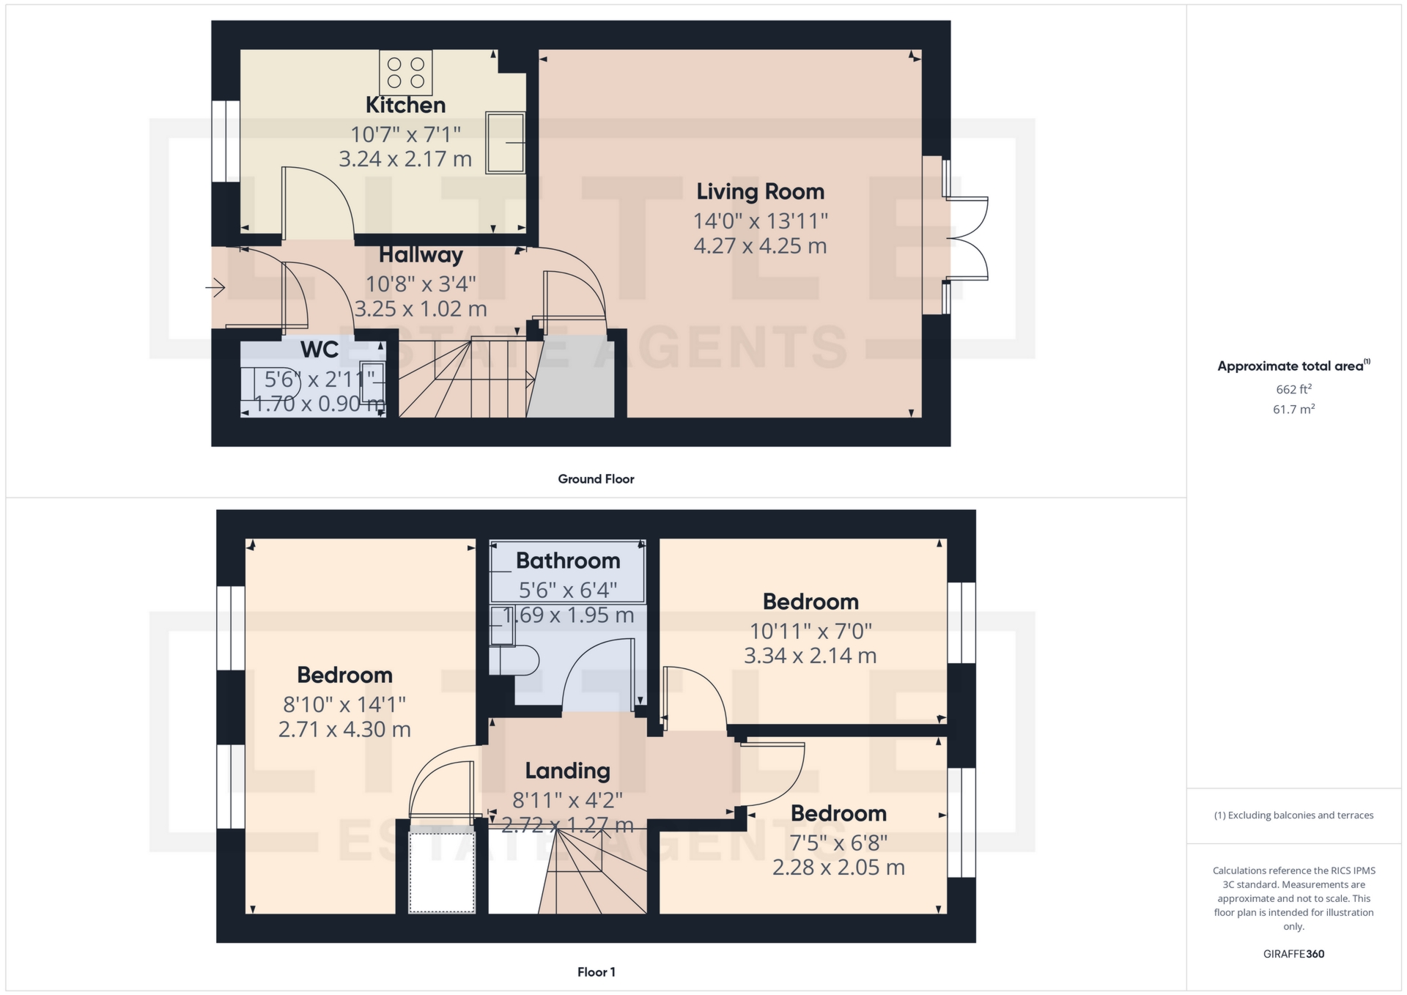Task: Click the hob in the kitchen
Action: point(405,73)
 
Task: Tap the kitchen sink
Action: point(506,143)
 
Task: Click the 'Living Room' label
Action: point(760,192)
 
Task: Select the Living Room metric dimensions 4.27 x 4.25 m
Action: point(760,245)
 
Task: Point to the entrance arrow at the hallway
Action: point(215,287)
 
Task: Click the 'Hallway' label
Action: point(421,255)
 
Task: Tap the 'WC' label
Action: point(320,349)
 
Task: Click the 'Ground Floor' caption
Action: point(596,479)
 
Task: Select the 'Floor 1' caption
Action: point(596,972)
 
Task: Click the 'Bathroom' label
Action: point(568,561)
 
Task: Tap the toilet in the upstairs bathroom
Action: point(514,659)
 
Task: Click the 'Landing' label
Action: point(567,771)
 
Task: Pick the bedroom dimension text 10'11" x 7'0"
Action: point(810,631)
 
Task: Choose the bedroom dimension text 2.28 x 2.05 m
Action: point(838,868)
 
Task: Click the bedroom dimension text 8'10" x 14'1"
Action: point(344,704)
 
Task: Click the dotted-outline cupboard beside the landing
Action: point(442,872)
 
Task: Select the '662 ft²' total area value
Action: point(1293,389)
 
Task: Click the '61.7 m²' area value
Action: point(1293,409)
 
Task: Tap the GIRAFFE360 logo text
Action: point(1293,954)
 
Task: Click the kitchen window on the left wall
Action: point(226,141)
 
